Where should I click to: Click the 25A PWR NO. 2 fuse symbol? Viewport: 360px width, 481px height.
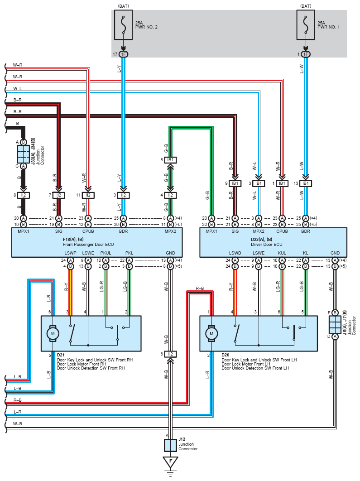[x=123, y=25]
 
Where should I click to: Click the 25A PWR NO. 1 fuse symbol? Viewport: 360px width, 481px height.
[x=305, y=25]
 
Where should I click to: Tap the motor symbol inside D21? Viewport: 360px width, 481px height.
[x=53, y=333]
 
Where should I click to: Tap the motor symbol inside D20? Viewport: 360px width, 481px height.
[x=211, y=333]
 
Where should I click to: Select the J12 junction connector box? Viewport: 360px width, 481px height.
[x=170, y=445]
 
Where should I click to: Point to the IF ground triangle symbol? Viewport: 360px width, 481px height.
[x=170, y=462]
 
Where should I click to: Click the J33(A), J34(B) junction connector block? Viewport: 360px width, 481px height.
[x=23, y=154]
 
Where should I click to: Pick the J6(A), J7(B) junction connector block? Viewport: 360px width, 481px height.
[x=335, y=325]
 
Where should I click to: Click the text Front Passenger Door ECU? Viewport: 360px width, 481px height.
[x=88, y=245]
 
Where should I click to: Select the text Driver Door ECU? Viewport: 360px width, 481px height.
[x=266, y=245]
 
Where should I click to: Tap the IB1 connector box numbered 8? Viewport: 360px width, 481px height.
[x=170, y=160]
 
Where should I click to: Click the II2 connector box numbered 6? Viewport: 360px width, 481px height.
[x=170, y=354]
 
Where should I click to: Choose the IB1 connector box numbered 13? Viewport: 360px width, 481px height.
[x=305, y=183]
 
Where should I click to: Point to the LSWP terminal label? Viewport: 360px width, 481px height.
[x=70, y=253]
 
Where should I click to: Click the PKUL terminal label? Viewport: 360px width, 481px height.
[x=106, y=253]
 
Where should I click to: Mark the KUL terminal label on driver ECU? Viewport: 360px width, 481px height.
[x=282, y=253]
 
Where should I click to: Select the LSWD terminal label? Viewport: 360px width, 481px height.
[x=235, y=253]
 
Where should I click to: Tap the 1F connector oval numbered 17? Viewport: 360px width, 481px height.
[x=123, y=54]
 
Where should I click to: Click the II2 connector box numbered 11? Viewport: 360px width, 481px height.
[x=88, y=195]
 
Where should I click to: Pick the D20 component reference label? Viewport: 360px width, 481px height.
[x=226, y=355]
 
